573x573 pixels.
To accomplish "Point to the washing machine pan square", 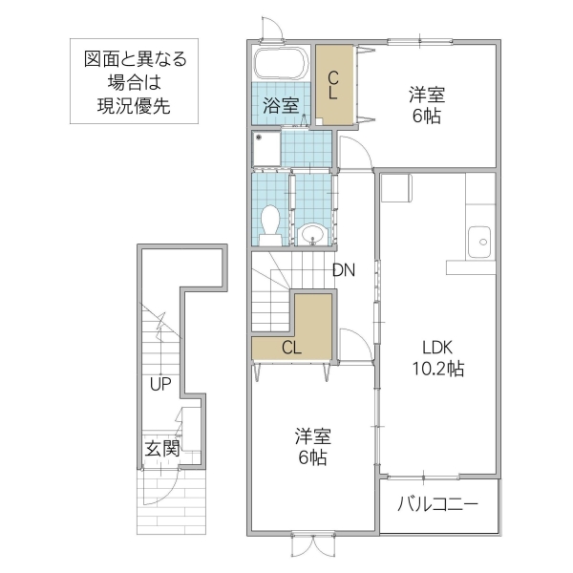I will click(267, 148).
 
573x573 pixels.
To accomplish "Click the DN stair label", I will click(344, 270).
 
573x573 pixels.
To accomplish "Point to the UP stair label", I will click(159, 385).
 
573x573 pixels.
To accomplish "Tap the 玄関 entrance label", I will click(159, 448).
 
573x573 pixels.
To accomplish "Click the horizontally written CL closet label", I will click(291, 348).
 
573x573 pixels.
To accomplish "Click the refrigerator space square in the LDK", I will click(394, 188).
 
